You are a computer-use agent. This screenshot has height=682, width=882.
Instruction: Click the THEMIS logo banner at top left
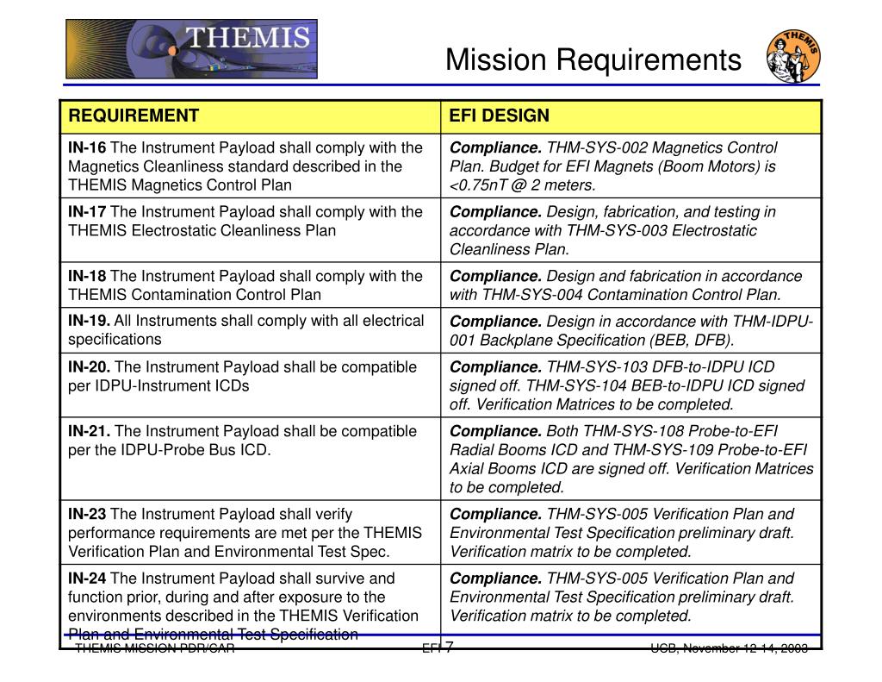[x=191, y=48]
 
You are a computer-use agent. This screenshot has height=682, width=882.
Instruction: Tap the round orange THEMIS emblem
[x=792, y=57]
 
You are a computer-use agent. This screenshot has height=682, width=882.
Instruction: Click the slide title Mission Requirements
[x=593, y=59]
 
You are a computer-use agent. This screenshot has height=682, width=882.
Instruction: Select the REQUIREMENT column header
[x=134, y=116]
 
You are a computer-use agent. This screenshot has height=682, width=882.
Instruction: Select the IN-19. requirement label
[x=89, y=321]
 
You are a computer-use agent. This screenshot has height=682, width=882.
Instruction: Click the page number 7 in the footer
[x=450, y=647]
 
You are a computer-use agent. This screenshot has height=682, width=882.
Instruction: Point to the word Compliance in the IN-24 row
[x=495, y=579]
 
